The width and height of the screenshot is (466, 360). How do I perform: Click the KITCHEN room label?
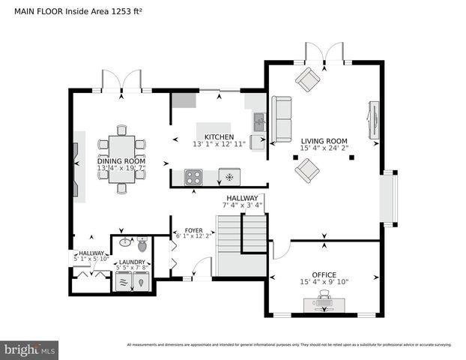click(x=208, y=136)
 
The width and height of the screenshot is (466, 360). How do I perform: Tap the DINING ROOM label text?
click(x=121, y=161)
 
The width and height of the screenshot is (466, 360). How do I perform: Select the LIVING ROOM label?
click(x=324, y=140)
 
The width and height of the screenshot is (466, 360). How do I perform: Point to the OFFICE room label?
click(x=324, y=274)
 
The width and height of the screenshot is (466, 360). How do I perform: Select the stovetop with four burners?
click(x=194, y=177)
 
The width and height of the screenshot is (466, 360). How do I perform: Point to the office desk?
click(x=324, y=303)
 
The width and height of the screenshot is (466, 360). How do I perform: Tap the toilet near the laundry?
click(x=142, y=244)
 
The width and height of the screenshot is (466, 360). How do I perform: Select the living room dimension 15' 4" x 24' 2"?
click(x=324, y=148)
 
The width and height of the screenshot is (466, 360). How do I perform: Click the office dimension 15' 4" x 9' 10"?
click(x=324, y=283)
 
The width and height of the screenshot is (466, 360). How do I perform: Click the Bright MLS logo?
click(x=30, y=349)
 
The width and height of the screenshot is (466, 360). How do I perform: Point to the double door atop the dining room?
click(x=121, y=80)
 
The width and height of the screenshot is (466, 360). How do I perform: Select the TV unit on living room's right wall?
click(x=373, y=120)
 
